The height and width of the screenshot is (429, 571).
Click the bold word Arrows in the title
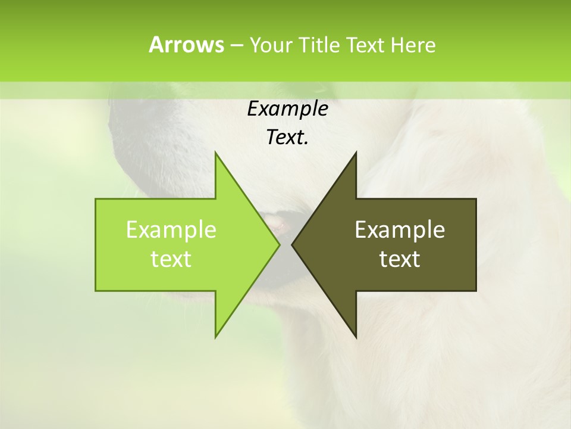(186, 45)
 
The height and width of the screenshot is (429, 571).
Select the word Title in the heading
(319, 45)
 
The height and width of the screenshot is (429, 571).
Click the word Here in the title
(413, 45)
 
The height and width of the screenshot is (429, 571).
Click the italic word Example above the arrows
(287, 108)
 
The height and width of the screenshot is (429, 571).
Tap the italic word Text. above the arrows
(287, 138)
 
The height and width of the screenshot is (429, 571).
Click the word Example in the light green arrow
(171, 229)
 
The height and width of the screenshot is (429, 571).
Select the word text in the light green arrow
(171, 259)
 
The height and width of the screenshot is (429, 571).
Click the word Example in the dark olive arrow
(400, 229)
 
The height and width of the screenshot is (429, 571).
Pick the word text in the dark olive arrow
(400, 259)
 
